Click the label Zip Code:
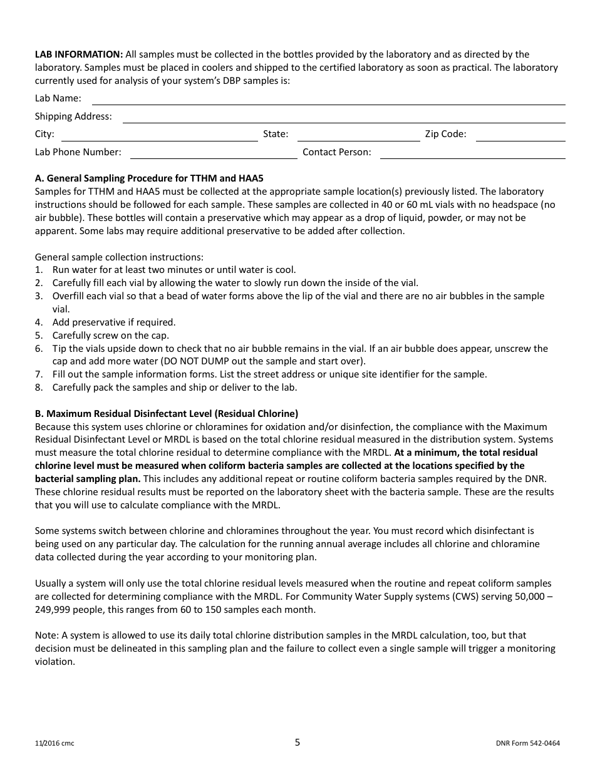click(x=445, y=134)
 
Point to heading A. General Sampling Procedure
click(x=149, y=178)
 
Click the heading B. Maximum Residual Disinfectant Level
click(x=167, y=414)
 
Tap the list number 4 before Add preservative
click(x=38, y=322)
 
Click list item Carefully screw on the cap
click(x=110, y=336)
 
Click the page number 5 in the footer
click(x=297, y=742)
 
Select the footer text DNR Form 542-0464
click(x=523, y=744)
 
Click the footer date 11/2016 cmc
click(x=54, y=744)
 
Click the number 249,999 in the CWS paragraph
click(x=53, y=610)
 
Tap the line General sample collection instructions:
click(x=119, y=257)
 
